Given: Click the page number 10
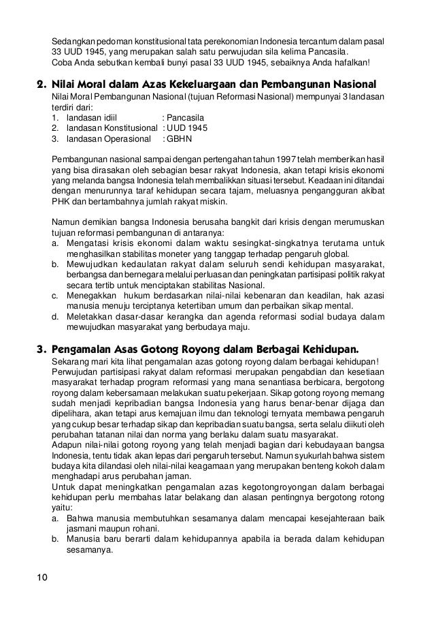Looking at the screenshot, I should [x=41, y=578].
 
